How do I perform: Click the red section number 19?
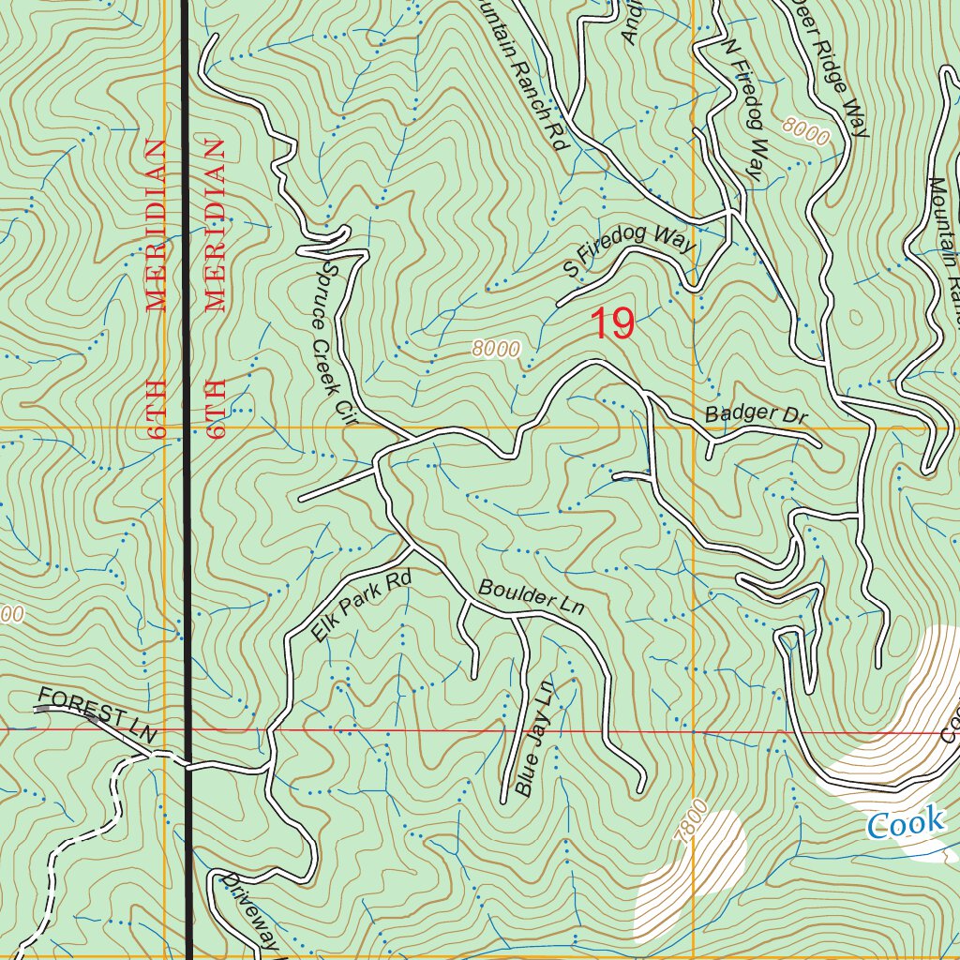click(613, 324)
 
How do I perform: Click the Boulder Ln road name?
click(531, 597)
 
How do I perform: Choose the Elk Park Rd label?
click(362, 607)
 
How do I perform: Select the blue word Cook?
click(905, 824)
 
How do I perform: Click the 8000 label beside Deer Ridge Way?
click(803, 132)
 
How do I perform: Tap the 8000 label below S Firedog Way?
click(496, 350)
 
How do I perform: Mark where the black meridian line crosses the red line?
click(187, 729)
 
